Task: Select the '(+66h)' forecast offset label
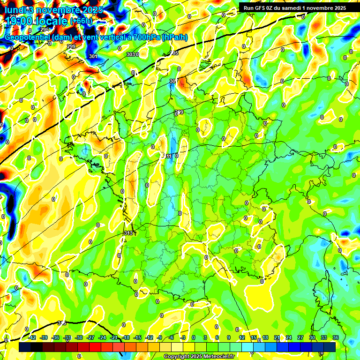point(82,21)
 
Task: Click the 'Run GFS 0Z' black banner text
point(263,7)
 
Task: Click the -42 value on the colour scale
point(32,337)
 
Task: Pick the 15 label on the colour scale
point(254,337)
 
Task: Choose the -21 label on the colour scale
point(114,337)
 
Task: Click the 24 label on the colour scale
point(289,337)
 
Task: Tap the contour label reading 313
point(128,233)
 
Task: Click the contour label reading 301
point(93,57)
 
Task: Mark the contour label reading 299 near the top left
point(71,46)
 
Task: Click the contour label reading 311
point(168,156)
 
